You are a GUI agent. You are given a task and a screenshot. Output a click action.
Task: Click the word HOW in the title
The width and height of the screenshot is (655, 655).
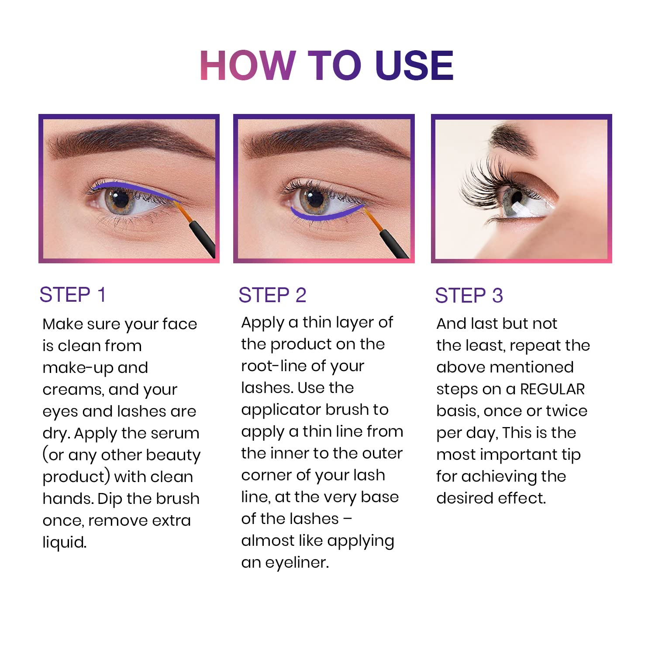tap(248, 65)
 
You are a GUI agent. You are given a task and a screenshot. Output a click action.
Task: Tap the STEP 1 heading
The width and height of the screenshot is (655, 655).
tap(72, 295)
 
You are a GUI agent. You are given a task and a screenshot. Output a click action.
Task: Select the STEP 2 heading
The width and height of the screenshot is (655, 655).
tap(272, 295)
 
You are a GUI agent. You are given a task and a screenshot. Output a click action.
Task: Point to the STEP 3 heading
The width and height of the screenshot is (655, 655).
tap(469, 296)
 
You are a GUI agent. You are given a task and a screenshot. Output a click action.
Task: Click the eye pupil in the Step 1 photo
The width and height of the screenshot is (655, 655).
tap(121, 199)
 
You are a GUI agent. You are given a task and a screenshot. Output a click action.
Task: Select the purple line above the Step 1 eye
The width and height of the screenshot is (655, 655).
tap(131, 188)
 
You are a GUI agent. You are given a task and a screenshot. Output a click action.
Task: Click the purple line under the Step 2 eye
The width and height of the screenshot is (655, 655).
tap(323, 215)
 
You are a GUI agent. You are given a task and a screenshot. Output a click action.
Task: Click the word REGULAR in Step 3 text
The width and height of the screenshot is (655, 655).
tap(552, 389)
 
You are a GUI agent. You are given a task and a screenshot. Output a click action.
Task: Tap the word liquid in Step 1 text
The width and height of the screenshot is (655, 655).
tap(64, 542)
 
